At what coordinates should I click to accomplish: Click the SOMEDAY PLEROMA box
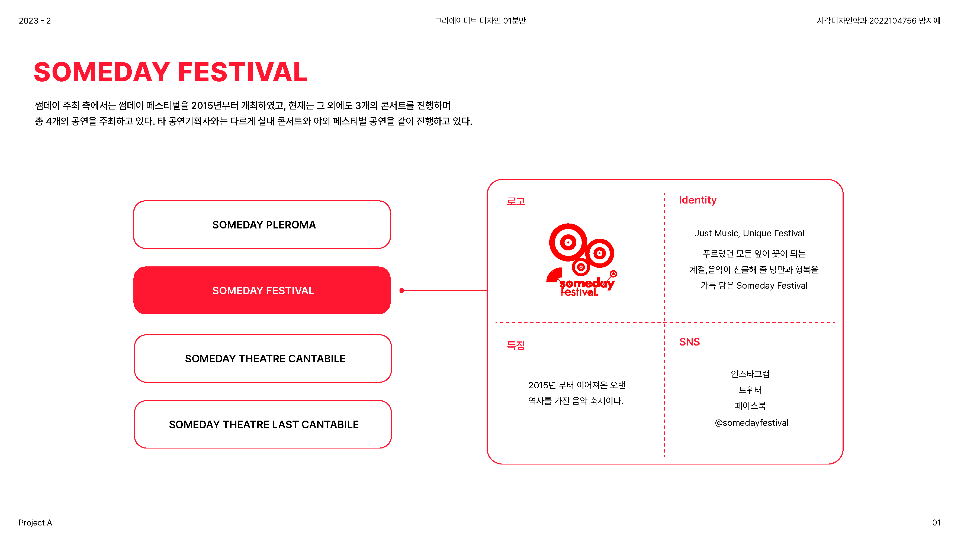[x=262, y=224]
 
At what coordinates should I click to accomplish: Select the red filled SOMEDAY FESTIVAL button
[x=262, y=290]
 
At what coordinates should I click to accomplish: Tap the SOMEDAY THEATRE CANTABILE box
[x=263, y=358]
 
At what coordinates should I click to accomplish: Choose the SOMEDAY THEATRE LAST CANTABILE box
[x=263, y=424]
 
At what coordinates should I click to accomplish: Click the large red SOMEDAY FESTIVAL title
[x=171, y=72]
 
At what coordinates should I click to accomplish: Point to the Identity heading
[x=698, y=200]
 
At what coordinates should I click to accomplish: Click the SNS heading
[x=689, y=342]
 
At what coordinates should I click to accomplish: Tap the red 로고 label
[x=516, y=201]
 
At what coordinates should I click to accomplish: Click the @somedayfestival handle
[x=751, y=423]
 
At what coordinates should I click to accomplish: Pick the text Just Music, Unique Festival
[x=749, y=233]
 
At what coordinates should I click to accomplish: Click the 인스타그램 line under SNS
[x=750, y=374]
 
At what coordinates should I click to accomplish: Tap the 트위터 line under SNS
[x=750, y=390]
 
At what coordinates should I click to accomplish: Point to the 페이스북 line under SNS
[x=750, y=405]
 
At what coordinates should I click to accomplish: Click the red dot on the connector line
[x=401, y=291]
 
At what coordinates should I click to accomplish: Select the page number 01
[x=936, y=522]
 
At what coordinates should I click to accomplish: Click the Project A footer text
[x=35, y=522]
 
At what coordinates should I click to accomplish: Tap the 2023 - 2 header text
[x=34, y=21]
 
